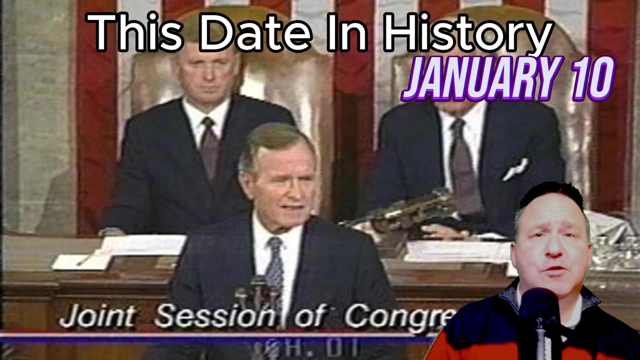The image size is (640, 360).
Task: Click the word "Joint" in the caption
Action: coord(97,316)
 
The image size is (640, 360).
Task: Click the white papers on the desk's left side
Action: coord(120,250)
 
